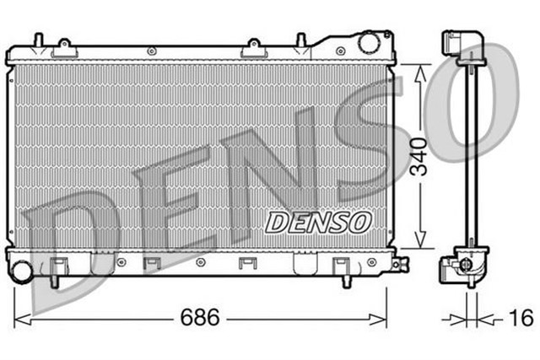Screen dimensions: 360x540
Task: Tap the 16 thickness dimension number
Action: [521, 318]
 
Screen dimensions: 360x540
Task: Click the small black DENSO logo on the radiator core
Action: [318, 222]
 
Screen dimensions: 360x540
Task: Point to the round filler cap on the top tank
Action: [369, 41]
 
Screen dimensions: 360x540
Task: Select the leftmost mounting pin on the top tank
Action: [38, 40]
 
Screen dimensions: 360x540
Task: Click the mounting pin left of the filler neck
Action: [300, 40]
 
